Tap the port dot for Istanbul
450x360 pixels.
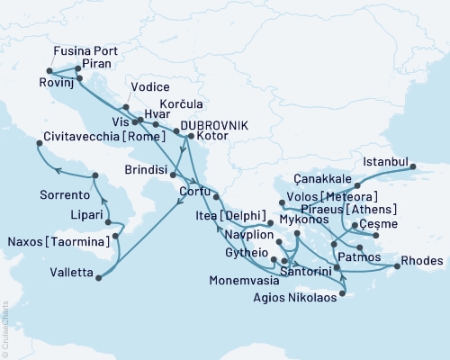[x=412, y=166]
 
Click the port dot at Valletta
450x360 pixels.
[x=98, y=277]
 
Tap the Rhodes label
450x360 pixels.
[x=424, y=261]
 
